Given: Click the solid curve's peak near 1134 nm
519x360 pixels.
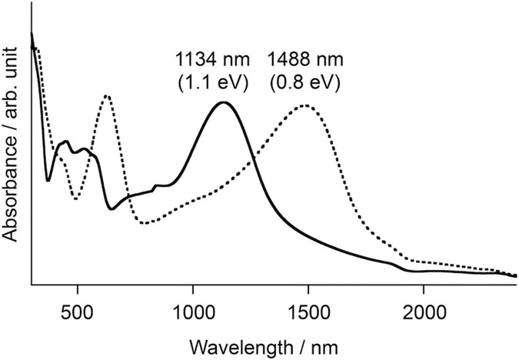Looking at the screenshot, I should click(x=223, y=102).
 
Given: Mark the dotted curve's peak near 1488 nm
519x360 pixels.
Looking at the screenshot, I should click(x=305, y=105).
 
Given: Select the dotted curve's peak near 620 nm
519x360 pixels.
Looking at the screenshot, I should click(x=106, y=95).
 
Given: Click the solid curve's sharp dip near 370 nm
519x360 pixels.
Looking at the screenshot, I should click(x=48, y=181).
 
